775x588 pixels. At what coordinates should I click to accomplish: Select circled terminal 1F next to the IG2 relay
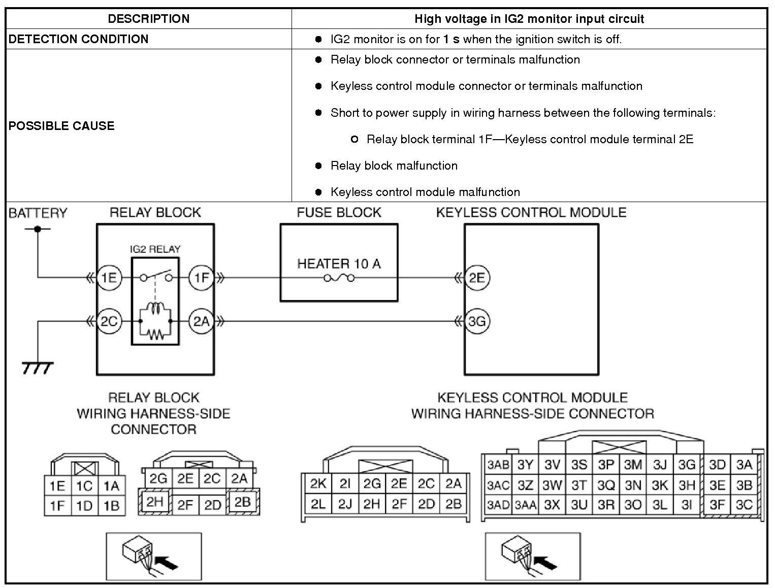tap(201, 278)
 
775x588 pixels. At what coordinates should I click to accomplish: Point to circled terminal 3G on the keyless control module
tap(477, 321)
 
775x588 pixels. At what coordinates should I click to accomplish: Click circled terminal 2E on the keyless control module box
tap(477, 278)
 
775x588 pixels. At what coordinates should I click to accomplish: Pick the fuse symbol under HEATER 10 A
tap(339, 278)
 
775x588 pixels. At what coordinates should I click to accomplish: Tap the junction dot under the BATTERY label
tap(37, 229)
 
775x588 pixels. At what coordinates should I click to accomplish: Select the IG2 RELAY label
tap(155, 249)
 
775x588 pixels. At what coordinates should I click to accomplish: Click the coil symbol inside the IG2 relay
tap(155, 310)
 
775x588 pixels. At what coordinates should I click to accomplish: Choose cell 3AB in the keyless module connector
tap(498, 465)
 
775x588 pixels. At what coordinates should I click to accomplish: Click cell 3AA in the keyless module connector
tap(525, 506)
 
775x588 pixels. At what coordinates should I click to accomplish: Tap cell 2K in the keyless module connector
tap(318, 484)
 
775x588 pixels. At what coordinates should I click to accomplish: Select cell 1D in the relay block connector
tap(84, 506)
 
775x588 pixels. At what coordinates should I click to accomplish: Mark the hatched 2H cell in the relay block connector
tap(154, 502)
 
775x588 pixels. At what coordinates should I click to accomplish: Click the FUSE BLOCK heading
tap(339, 212)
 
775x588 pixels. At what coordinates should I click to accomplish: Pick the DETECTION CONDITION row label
tap(79, 39)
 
